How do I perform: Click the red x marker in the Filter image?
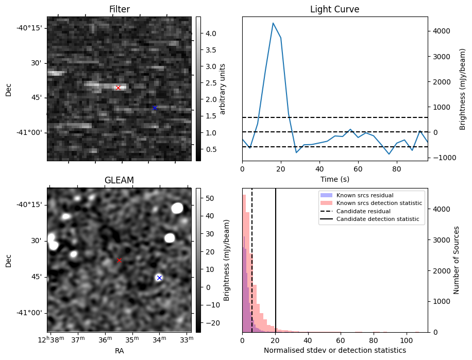tap(118, 88)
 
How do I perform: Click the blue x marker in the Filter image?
tap(155, 108)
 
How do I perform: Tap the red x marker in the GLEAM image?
tap(119, 261)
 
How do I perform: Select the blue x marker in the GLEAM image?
tap(159, 278)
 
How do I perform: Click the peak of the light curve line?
tap(273, 23)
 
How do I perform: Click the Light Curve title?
tap(334, 9)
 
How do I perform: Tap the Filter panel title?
tap(119, 9)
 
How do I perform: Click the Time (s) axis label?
tap(334, 178)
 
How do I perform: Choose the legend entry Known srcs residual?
tap(364, 195)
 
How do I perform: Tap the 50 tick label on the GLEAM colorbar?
tap(210, 198)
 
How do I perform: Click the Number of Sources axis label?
tap(457, 260)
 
